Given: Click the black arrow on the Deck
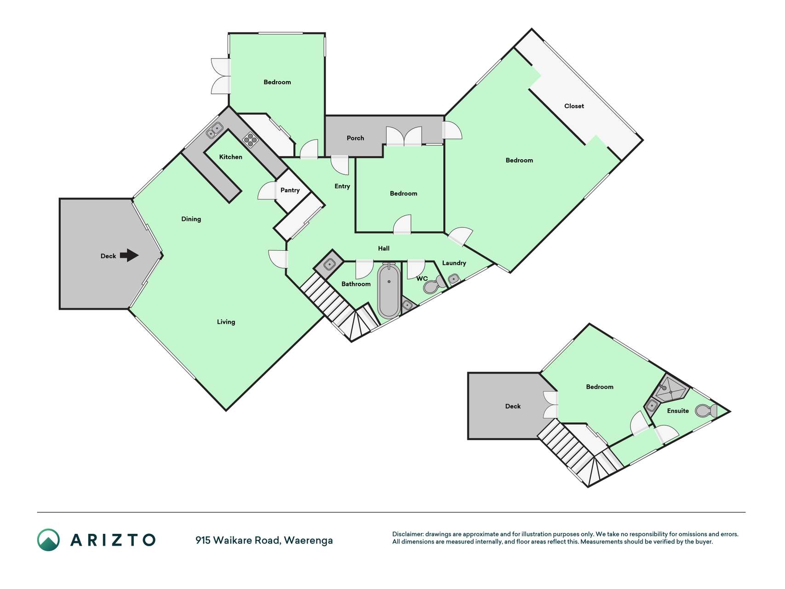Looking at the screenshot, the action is click(129, 255).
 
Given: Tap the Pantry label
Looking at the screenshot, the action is click(290, 190).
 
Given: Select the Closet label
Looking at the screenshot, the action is click(574, 106).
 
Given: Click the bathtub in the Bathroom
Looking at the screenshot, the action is click(389, 291).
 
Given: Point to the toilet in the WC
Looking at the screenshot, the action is click(434, 285).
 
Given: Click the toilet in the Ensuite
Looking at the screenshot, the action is click(706, 410).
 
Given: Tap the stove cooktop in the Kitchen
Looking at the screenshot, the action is click(251, 139).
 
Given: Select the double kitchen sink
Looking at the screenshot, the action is click(214, 130).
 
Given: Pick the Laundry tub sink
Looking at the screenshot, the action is click(453, 279).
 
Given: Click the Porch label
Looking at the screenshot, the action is click(355, 138).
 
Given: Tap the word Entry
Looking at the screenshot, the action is click(342, 186).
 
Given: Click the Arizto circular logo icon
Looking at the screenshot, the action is click(48, 540).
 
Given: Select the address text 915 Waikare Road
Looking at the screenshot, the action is click(238, 540).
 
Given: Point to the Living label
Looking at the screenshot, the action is click(226, 322).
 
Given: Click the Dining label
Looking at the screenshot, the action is click(191, 219).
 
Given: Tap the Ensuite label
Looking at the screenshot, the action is click(678, 411).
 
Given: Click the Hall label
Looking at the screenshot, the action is click(384, 248).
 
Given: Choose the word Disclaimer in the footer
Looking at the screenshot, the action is click(407, 534).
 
